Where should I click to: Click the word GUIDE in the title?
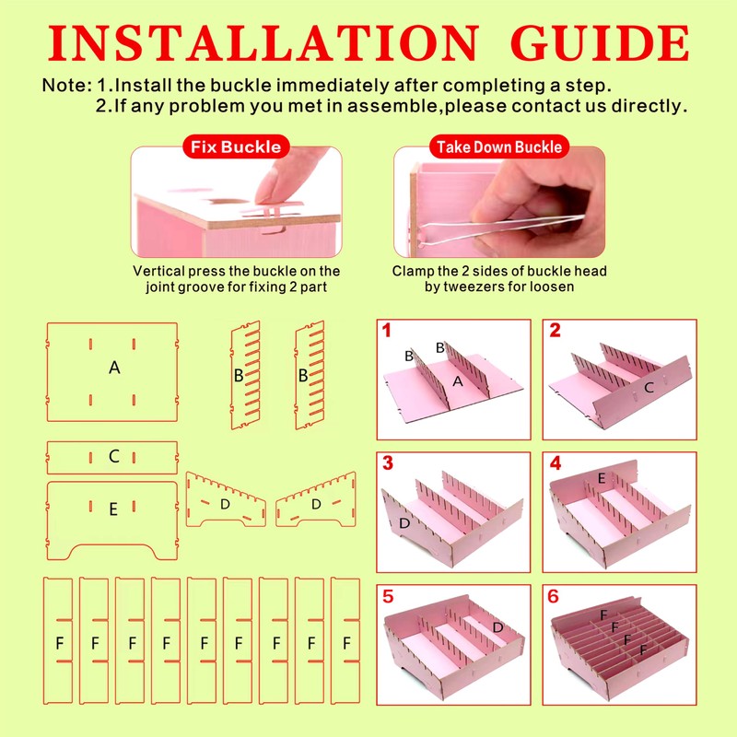click(x=600, y=42)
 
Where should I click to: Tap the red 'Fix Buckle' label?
click(x=236, y=146)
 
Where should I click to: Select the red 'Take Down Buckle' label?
click(x=499, y=146)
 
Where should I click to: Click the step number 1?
click(x=386, y=331)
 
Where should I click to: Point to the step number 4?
click(x=556, y=463)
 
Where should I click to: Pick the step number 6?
click(x=554, y=596)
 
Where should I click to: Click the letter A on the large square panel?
click(x=114, y=367)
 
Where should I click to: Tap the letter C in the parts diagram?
click(x=113, y=456)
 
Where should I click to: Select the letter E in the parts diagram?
click(x=113, y=509)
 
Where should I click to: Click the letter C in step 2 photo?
click(x=649, y=388)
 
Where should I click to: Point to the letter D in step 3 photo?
click(x=404, y=523)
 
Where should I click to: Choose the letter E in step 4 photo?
click(x=602, y=478)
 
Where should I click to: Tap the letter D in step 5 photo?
click(x=497, y=627)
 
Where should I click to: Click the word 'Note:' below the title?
click(x=67, y=85)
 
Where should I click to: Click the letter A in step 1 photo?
click(x=457, y=381)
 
